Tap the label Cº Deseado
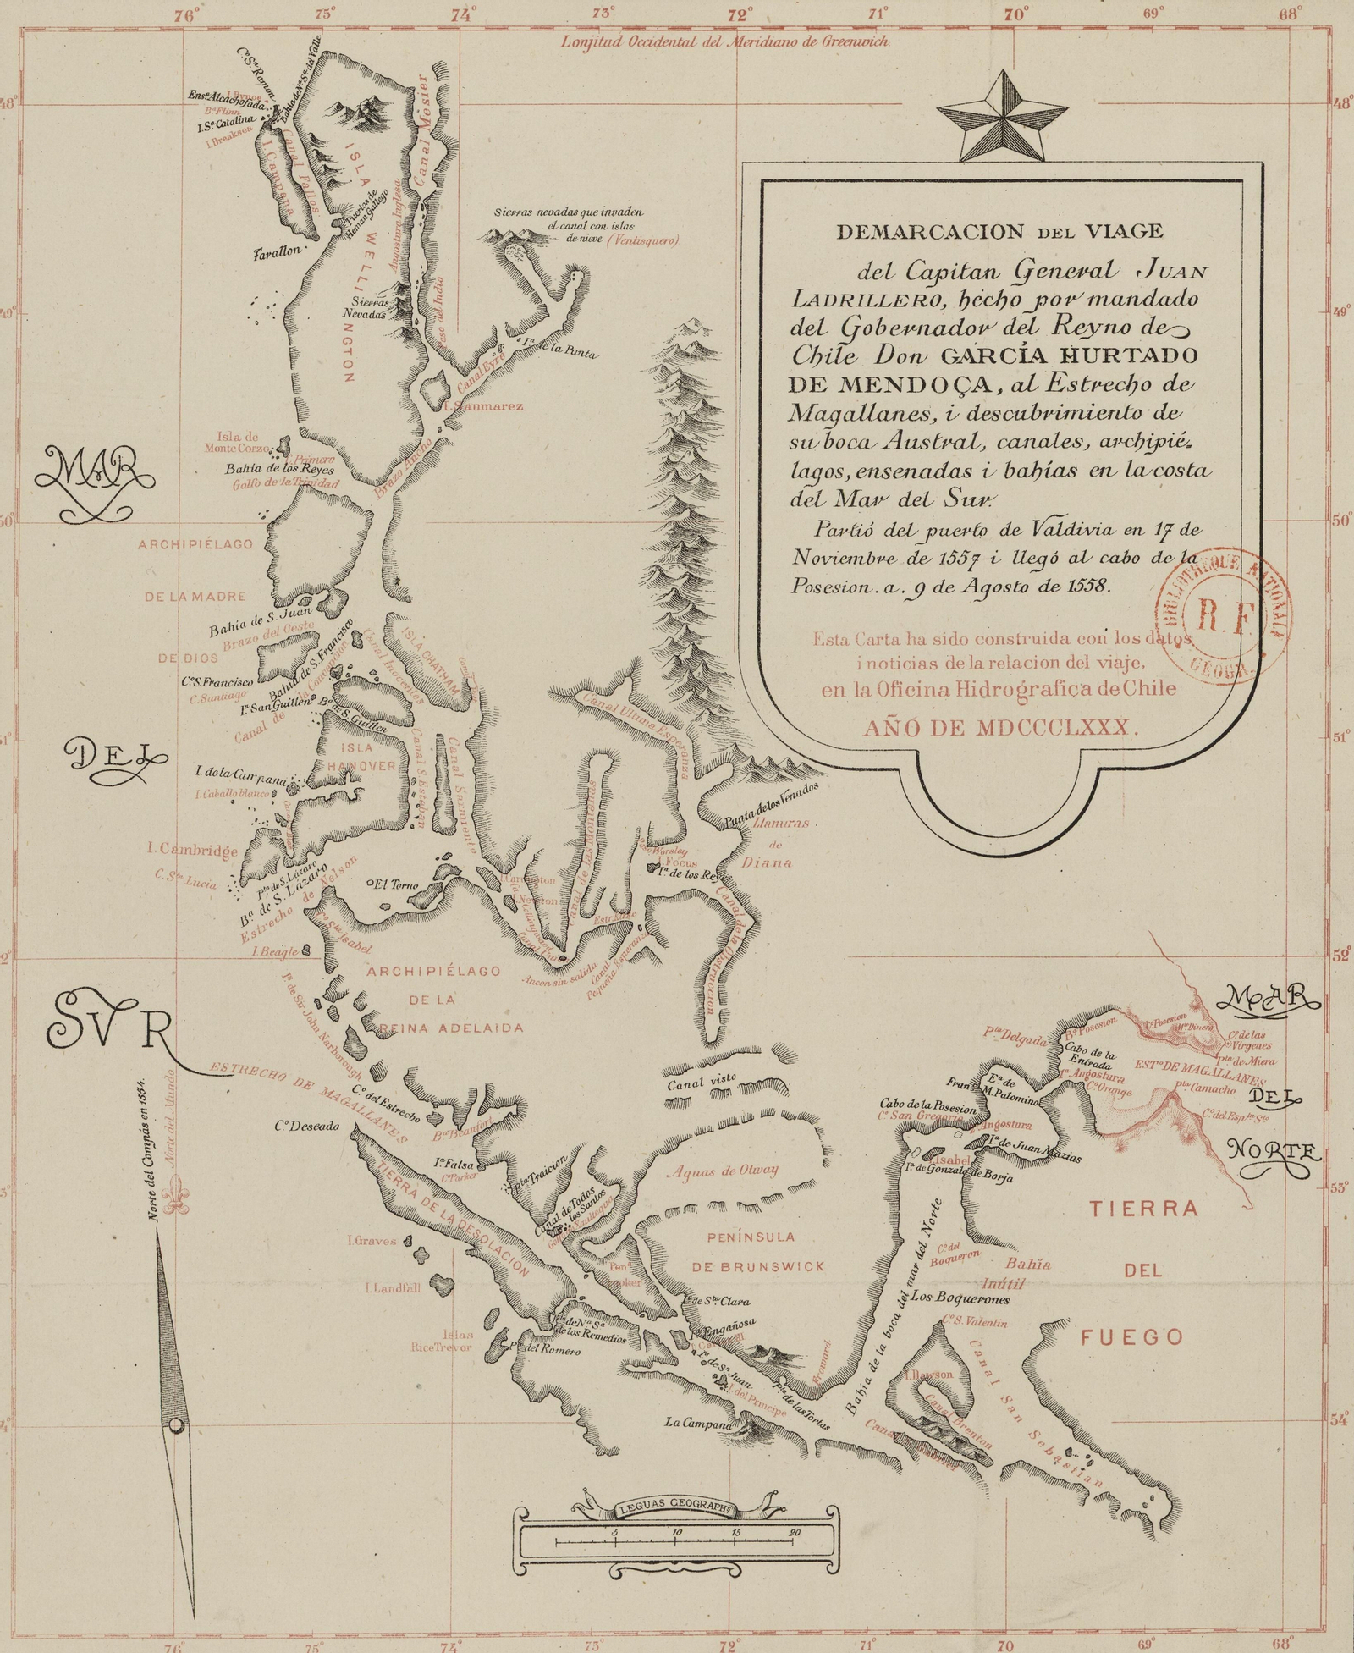tap(305, 1127)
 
